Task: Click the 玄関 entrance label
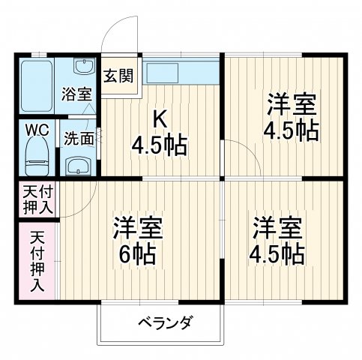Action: click(118, 76)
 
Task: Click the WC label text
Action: click(37, 130)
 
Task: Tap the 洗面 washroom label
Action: click(78, 138)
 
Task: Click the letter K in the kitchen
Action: click(160, 118)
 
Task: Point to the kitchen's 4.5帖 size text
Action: click(160, 142)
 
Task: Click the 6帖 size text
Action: click(137, 253)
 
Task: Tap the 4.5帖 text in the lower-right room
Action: click(277, 253)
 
